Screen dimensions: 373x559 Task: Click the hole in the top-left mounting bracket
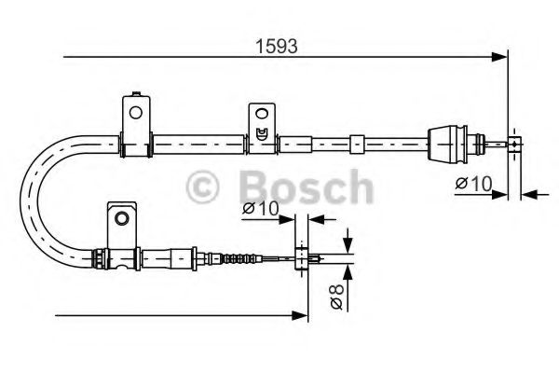pos(136,113)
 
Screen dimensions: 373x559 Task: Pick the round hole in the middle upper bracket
pos(262,117)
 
